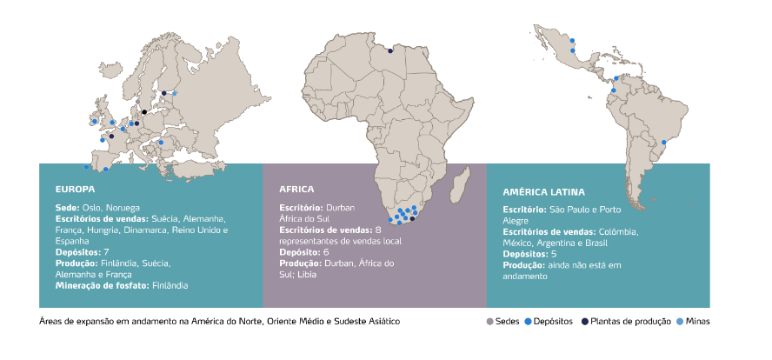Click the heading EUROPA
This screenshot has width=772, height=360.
click(x=75, y=188)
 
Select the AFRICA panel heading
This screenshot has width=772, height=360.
click(x=296, y=189)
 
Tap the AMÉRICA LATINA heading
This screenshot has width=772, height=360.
click(x=543, y=192)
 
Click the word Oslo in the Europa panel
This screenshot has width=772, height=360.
click(x=91, y=209)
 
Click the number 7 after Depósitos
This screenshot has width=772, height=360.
click(x=106, y=252)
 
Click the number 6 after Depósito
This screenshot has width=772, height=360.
click(x=326, y=252)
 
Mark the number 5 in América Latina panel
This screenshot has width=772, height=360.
click(x=554, y=255)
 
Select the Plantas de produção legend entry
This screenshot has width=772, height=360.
click(x=629, y=322)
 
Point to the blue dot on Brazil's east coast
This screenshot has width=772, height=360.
click(x=663, y=143)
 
